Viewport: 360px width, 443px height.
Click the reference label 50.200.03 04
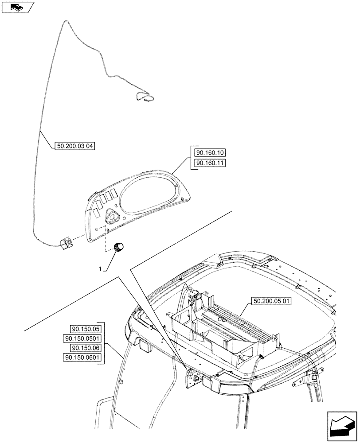76,145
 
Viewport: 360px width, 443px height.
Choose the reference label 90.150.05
86,329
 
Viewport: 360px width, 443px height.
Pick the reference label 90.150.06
86,349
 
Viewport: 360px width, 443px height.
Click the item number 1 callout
101,269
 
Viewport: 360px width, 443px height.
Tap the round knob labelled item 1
119,248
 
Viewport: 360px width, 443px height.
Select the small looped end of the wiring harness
145,98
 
